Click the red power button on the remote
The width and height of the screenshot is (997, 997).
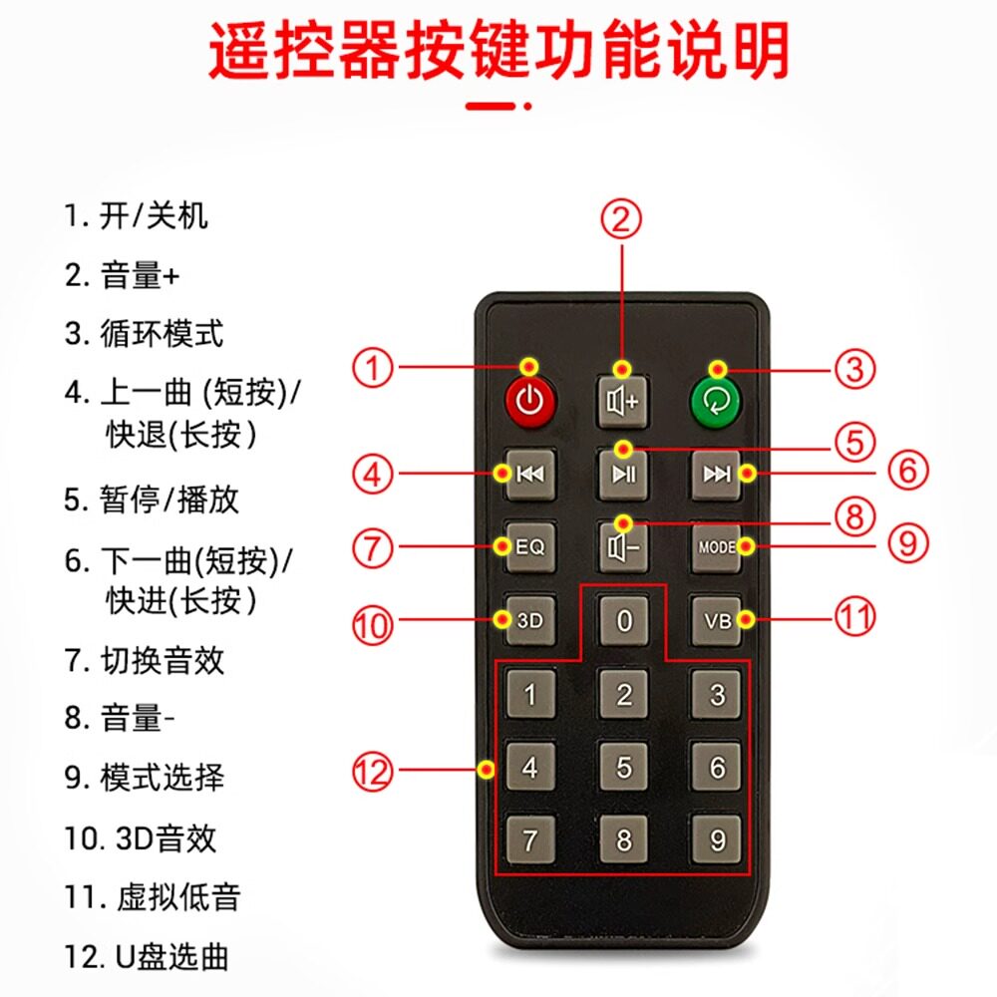pyautogui.click(x=530, y=402)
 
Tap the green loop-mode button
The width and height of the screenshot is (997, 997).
pyautogui.click(x=717, y=402)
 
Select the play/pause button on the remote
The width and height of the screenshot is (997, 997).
pyautogui.click(x=624, y=475)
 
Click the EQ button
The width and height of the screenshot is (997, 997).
pyautogui.click(x=530, y=546)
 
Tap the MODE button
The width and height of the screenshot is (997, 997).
pyautogui.click(x=717, y=546)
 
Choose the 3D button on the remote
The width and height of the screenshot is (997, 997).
pyautogui.click(x=530, y=620)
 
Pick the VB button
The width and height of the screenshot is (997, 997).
pyautogui.click(x=717, y=620)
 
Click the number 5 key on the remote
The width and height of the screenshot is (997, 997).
pyautogui.click(x=624, y=767)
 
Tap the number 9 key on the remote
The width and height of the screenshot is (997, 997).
pyautogui.click(x=717, y=839)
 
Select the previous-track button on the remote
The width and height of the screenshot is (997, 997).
pyautogui.click(x=530, y=475)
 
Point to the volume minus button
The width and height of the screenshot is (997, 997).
pyautogui.click(x=624, y=546)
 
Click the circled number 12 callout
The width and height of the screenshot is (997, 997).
pyautogui.click(x=373, y=772)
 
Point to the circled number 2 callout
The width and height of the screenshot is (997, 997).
pyautogui.click(x=621, y=219)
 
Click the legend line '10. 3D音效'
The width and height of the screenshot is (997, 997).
pyautogui.click(x=141, y=838)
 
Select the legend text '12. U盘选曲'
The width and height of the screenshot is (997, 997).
pyautogui.click(x=147, y=957)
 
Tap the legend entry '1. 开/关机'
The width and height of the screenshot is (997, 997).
pyautogui.click(x=136, y=215)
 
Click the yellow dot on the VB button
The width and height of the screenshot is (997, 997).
pyautogui.click(x=747, y=619)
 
